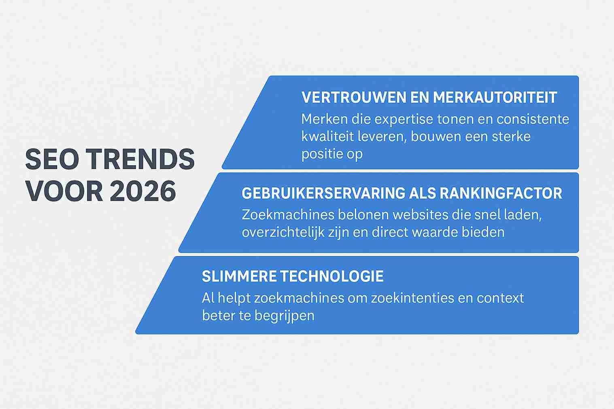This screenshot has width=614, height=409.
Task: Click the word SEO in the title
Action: [x=52, y=159]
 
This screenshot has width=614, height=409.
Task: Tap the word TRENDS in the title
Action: [x=142, y=159]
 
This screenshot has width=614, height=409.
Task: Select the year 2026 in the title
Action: [x=143, y=191]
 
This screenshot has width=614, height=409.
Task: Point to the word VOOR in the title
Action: [x=64, y=191]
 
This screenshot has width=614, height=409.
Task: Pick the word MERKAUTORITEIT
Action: [x=495, y=97]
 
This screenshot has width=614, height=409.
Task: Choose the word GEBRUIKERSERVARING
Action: [x=323, y=193]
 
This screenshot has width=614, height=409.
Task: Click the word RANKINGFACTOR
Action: [x=501, y=193]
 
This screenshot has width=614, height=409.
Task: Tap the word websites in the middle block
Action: [x=421, y=215]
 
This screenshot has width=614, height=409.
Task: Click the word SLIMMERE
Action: [x=239, y=276]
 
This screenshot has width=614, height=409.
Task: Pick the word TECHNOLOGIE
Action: [x=332, y=276]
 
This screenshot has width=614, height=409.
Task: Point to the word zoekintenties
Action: [x=413, y=298]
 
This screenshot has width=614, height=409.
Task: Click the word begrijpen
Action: [x=284, y=316]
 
